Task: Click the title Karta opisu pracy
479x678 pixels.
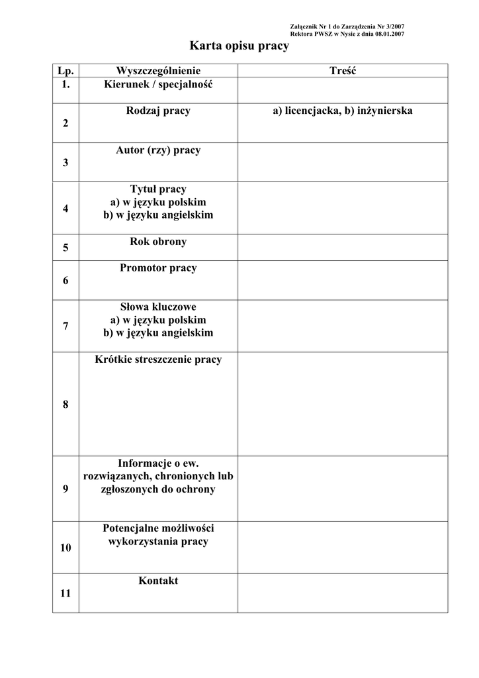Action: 239,46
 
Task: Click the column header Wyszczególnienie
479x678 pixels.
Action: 158,71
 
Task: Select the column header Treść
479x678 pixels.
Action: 343,71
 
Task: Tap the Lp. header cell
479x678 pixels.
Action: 65,71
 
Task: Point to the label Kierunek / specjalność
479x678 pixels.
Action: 158,84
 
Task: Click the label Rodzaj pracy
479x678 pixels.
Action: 158,111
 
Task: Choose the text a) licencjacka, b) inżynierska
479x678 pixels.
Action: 343,111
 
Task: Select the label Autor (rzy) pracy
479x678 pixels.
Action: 158,150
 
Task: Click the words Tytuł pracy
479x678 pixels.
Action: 158,189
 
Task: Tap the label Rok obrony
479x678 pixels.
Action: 158,242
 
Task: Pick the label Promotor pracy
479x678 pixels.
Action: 158,268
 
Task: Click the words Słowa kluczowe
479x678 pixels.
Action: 158,307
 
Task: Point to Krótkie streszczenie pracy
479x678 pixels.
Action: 158,360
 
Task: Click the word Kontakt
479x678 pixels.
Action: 158,581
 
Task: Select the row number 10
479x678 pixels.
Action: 65,548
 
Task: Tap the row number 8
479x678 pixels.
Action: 65,405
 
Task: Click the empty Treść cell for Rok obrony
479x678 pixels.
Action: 343,248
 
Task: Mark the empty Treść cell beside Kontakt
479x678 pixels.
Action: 343,593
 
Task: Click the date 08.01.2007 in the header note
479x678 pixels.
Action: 390,34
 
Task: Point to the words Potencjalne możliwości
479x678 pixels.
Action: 158,528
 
